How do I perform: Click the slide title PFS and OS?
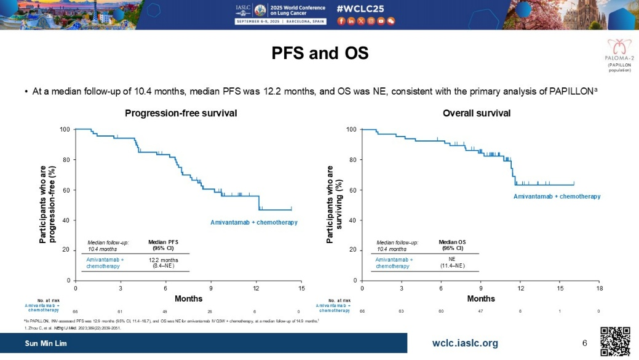tap(320, 54)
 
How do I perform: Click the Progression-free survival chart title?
tap(181, 113)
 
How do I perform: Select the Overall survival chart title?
tap(477, 113)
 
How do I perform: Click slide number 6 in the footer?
tap(584, 343)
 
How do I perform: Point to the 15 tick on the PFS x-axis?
tap(301, 287)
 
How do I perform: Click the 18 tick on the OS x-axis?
tap(600, 287)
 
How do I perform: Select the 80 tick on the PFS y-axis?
tap(65, 159)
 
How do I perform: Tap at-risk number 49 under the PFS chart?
tap(165, 311)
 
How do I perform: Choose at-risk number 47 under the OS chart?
tap(481, 311)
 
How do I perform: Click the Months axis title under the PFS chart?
tap(188, 298)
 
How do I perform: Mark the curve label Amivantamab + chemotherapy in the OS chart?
tap(557, 196)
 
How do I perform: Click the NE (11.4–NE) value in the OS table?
tap(452, 263)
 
